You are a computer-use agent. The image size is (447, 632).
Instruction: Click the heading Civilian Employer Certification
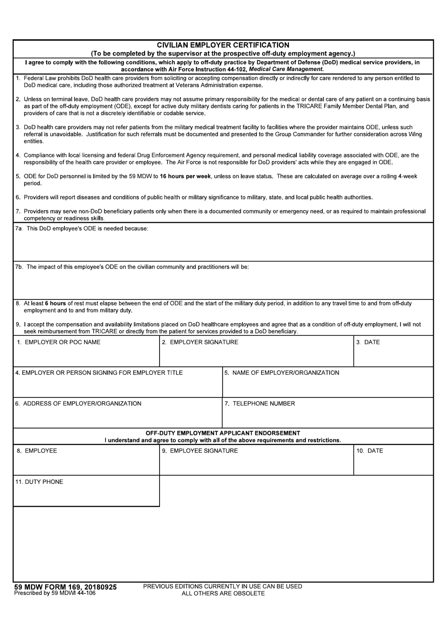tap(223, 45)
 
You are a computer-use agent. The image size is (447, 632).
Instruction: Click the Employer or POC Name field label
tap(58, 342)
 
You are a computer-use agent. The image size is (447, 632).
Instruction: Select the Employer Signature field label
tap(200, 342)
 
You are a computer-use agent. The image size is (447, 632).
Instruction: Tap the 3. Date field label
tap(368, 342)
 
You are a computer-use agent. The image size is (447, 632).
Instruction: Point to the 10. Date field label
tap(369, 451)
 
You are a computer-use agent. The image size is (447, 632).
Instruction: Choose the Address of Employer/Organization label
tap(78, 404)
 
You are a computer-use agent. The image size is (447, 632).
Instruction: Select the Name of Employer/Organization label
tap(282, 373)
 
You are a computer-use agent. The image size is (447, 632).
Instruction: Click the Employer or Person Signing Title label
tap(99, 373)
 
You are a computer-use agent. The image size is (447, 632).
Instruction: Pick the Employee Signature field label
tap(200, 451)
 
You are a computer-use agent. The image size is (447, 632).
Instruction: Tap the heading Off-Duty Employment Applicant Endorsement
tap(223, 433)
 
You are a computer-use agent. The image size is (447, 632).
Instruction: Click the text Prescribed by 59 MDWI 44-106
tap(55, 593)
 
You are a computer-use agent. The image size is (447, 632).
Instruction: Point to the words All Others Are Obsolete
tap(223, 593)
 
